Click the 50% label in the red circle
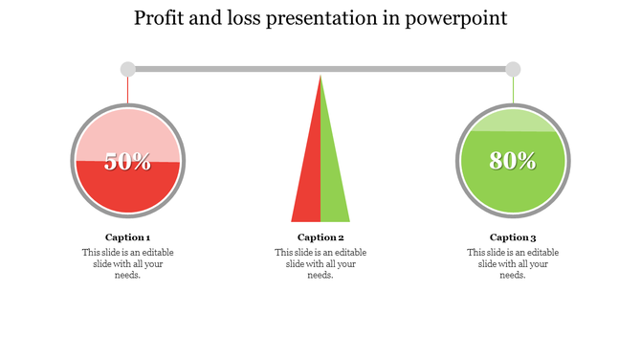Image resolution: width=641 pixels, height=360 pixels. [128, 162]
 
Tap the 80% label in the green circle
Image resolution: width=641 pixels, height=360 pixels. [513, 162]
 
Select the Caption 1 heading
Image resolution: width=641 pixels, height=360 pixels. [128, 237]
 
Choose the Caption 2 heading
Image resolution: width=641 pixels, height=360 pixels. [320, 237]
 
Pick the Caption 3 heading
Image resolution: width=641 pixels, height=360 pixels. [513, 237]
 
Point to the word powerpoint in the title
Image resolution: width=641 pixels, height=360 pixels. [458, 18]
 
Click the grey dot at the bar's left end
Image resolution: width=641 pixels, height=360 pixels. [128, 69]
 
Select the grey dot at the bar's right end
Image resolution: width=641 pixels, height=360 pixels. [513, 69]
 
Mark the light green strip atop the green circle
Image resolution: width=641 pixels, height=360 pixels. [513, 122]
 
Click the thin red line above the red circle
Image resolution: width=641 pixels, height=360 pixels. [128, 89]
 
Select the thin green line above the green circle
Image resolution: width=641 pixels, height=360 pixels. [513, 89]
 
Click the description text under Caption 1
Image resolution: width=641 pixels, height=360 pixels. [128, 263]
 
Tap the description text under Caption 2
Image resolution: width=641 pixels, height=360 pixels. [320, 263]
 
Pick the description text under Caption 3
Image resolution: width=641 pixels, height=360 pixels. [513, 263]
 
